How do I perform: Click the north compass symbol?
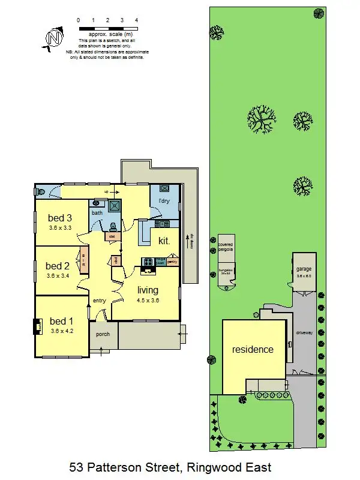54,38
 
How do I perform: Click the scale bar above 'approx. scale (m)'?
108,28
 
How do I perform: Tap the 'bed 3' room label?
60,218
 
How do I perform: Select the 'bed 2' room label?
58,266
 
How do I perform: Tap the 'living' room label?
148,290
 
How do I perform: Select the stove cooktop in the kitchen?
148,261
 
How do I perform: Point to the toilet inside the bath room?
112,226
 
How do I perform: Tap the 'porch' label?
103,334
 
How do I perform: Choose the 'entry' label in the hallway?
99,300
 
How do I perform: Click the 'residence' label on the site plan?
253,349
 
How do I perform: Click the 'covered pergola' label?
225,247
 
